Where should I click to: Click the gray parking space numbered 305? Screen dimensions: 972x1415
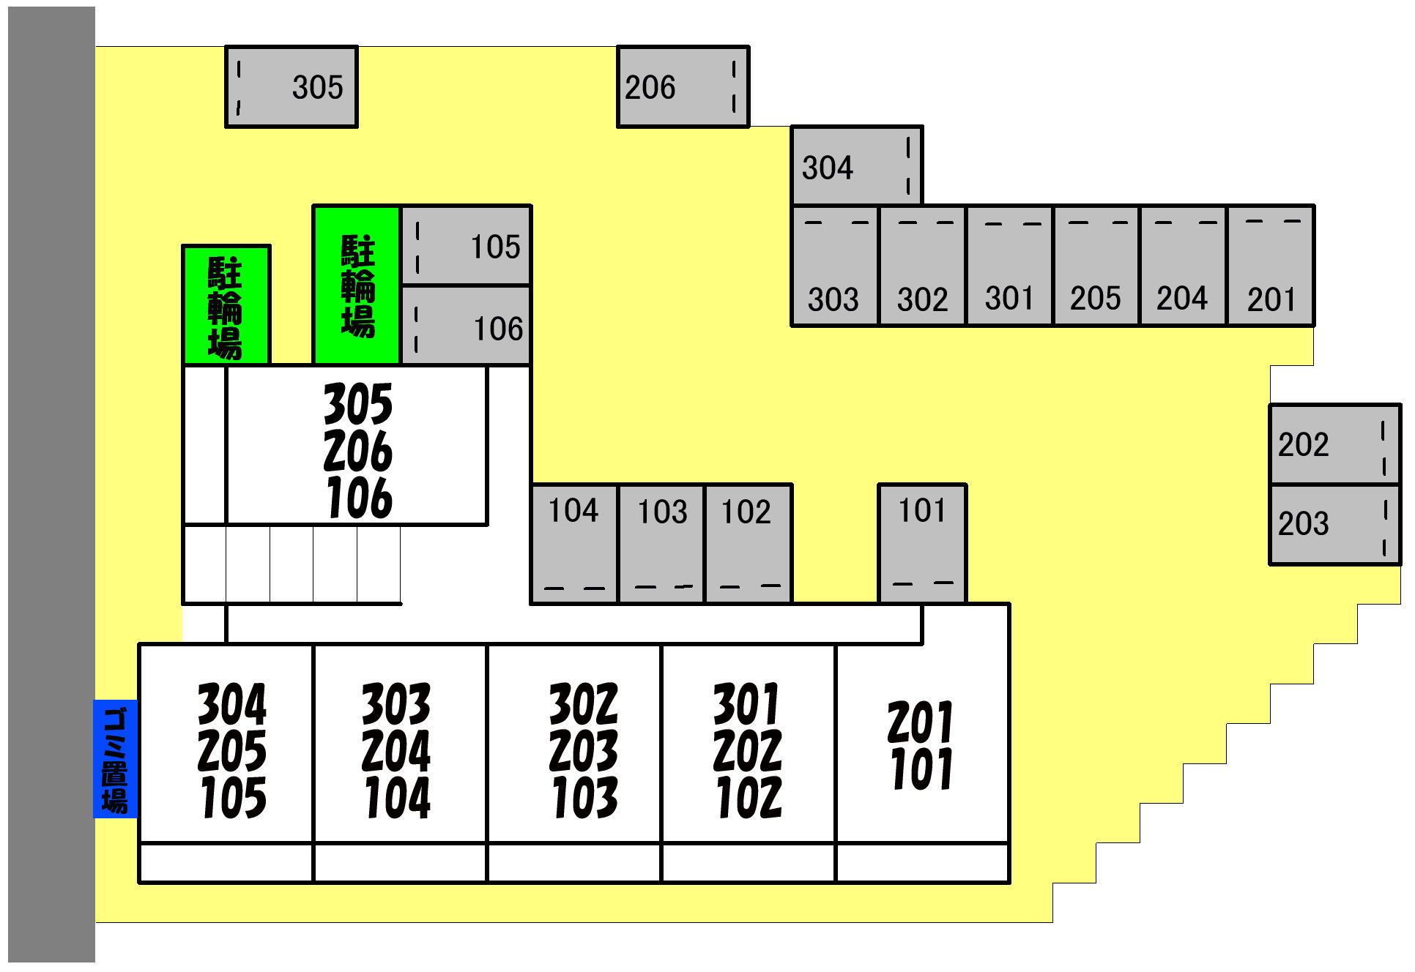291,87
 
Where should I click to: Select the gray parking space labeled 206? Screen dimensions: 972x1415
683,87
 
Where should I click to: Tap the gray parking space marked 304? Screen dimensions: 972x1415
856,166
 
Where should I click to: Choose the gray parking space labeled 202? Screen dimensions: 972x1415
1334,444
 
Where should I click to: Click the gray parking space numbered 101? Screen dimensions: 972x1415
922,544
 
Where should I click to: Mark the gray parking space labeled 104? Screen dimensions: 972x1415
574,544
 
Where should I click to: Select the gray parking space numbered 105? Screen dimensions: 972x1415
466,246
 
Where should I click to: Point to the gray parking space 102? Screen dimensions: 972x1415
748,544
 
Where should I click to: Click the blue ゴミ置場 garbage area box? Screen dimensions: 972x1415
116,759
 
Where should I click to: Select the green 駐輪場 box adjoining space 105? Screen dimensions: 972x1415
357,285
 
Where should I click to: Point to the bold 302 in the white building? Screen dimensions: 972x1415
583,703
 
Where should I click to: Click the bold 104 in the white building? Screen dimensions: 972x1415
396,798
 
